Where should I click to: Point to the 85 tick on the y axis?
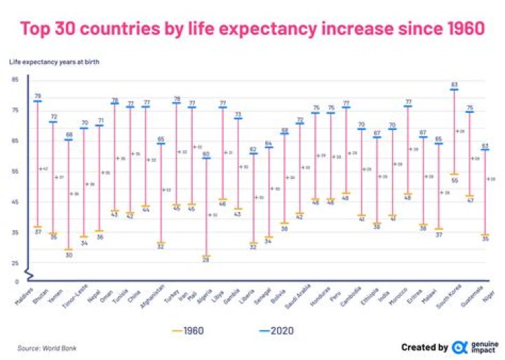(15, 79)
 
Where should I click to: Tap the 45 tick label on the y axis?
(15, 202)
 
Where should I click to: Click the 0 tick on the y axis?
(15, 281)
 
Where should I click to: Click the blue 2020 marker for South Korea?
(454, 90)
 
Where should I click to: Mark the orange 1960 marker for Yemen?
(68, 249)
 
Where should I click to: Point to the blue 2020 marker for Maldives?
(37, 101)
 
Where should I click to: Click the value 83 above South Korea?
(454, 84)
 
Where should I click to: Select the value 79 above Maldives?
(37, 95)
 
